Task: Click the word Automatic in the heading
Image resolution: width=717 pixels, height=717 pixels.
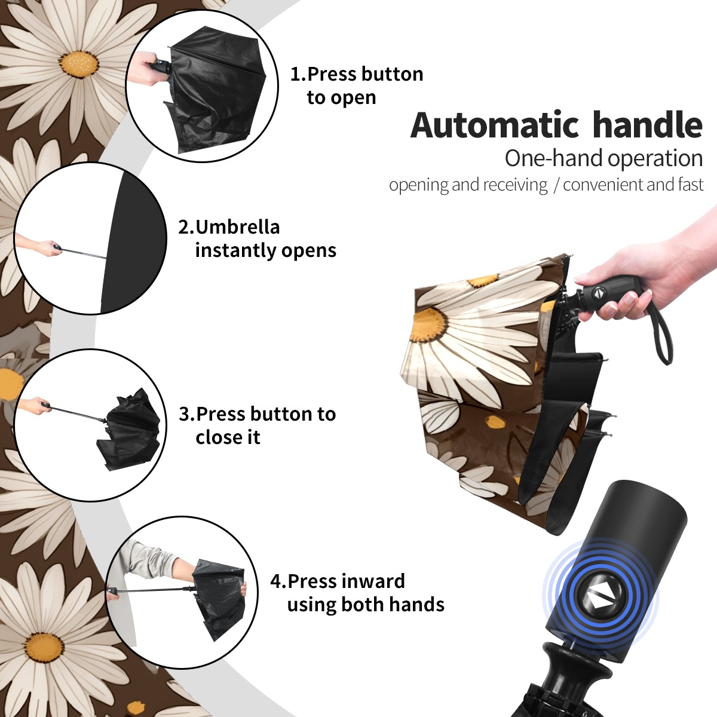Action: click(x=495, y=125)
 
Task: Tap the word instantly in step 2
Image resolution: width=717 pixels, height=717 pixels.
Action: click(x=236, y=250)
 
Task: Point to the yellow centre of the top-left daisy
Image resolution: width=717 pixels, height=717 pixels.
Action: click(x=79, y=65)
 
